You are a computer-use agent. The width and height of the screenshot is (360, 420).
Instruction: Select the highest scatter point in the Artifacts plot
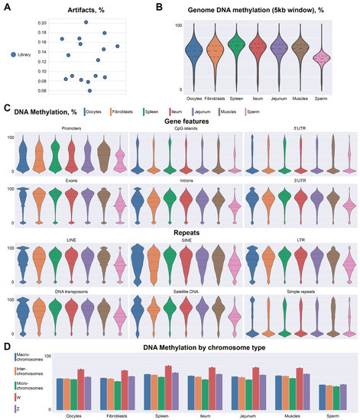[86, 23]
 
